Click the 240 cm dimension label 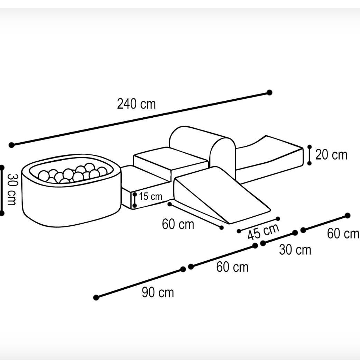(x=136, y=104)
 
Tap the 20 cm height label (x=331, y=154)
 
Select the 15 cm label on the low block (x=150, y=197)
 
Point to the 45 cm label (x=264, y=231)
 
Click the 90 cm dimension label (x=158, y=292)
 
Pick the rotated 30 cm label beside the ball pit (x=11, y=189)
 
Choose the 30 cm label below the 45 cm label (x=295, y=250)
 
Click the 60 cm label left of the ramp (x=178, y=224)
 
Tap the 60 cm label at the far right (x=343, y=234)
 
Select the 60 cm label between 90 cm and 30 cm (x=232, y=267)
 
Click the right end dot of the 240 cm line (x=269, y=93)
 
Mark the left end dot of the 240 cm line (x=11, y=145)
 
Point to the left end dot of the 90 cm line (x=96, y=297)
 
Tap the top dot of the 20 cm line (x=310, y=147)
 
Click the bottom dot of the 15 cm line (x=135, y=205)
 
